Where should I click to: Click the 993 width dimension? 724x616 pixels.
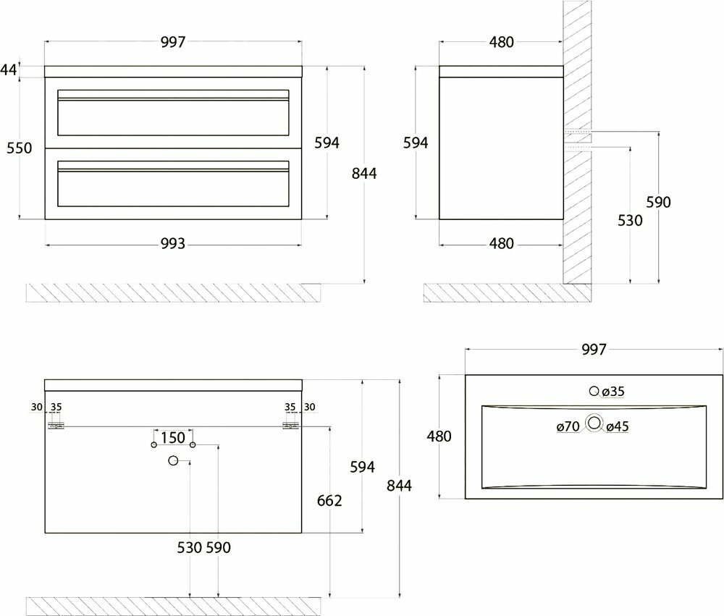pos(174,244)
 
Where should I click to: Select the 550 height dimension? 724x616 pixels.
pos(20,148)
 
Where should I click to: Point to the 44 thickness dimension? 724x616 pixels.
pos(9,69)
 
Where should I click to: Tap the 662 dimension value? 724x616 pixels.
pos(329,500)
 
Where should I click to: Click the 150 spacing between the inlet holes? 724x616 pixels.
pos(172,437)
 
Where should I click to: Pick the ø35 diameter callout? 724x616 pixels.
pos(613,392)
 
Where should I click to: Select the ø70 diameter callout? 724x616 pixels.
pos(568,427)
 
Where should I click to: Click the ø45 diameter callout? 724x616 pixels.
pos(618,427)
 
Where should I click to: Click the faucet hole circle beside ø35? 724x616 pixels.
pos(594,392)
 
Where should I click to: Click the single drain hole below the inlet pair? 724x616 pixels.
pos(173,460)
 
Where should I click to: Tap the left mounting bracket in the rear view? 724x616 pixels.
pos(56,426)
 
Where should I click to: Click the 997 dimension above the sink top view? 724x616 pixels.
pos(593,350)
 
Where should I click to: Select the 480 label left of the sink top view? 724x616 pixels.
pos(439,436)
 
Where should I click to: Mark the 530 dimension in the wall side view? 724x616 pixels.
pos(631,221)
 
